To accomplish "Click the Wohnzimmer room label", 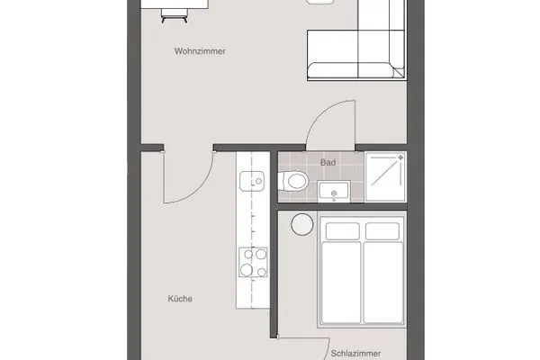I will point(199,52).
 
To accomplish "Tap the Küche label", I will point(181,300).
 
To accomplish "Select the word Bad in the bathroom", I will point(328,162).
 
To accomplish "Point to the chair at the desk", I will point(173,13).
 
